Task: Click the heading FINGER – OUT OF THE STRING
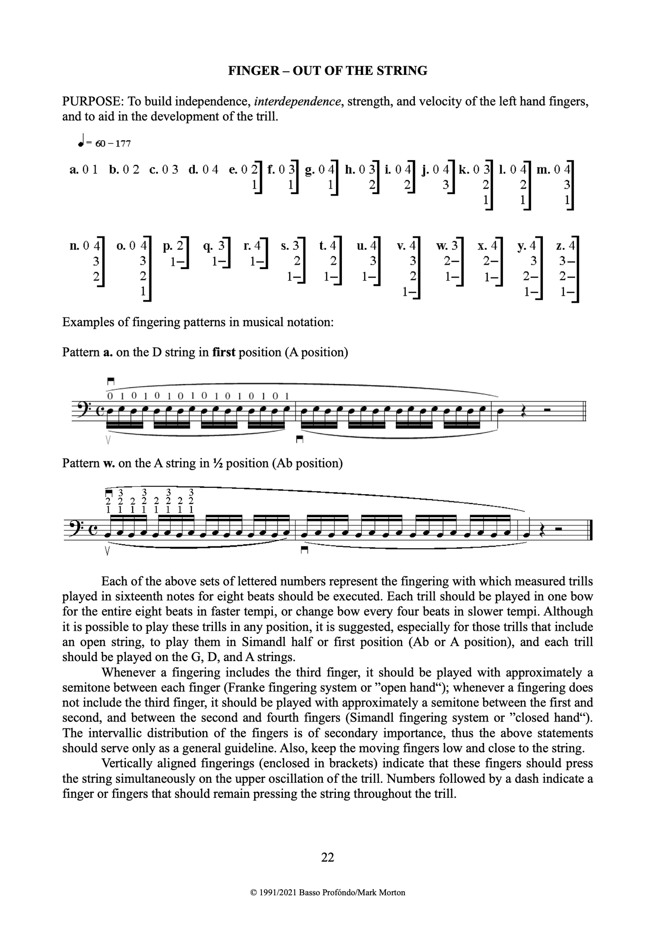point(327,71)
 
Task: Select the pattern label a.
point(74,170)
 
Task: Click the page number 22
point(327,857)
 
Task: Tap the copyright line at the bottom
point(327,893)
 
